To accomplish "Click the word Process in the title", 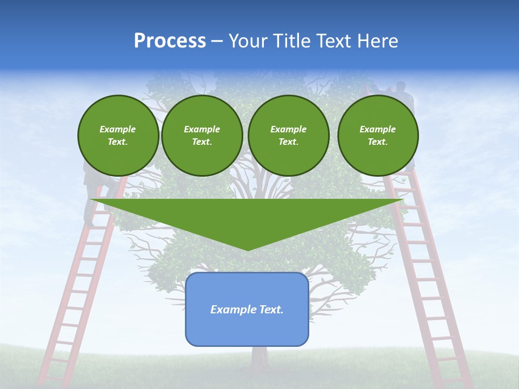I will click(x=170, y=41).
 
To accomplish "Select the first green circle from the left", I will click(x=118, y=136).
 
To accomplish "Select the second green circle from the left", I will click(x=202, y=136).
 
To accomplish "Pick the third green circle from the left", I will click(x=289, y=136).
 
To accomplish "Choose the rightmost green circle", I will click(x=378, y=136).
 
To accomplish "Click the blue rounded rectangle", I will click(x=247, y=309).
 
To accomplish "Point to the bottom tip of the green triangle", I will click(x=248, y=250).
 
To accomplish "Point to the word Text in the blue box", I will click(x=272, y=310).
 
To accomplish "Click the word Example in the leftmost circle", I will click(x=118, y=129).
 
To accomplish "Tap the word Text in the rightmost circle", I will click(x=377, y=142).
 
